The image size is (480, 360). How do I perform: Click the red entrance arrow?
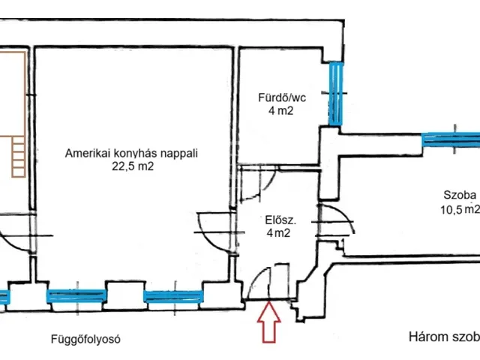pyautogui.click(x=268, y=322)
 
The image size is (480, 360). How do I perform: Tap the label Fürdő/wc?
pyautogui.click(x=282, y=97)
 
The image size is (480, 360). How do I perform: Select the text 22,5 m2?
pyautogui.click(x=133, y=166)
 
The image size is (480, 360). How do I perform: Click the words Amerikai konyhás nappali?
pyautogui.click(x=131, y=153)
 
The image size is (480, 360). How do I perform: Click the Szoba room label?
pyautogui.click(x=460, y=195)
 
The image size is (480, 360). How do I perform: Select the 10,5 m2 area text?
pyautogui.click(x=460, y=209)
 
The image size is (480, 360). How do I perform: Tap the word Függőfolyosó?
pyautogui.click(x=85, y=339)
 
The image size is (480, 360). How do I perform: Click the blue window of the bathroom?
pyautogui.click(x=336, y=93)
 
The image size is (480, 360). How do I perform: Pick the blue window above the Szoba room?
pyautogui.click(x=451, y=139)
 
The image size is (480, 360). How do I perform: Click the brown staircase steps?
pyautogui.click(x=19, y=157)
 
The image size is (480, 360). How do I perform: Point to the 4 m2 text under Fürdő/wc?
pyautogui.click(x=280, y=110)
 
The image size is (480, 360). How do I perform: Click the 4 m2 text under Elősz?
pyautogui.click(x=278, y=233)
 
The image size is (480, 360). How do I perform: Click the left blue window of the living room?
pyautogui.click(x=76, y=296)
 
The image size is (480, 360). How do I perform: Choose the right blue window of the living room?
pyautogui.click(x=173, y=297)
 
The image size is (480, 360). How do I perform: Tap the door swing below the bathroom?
pyautogui.click(x=259, y=184)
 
